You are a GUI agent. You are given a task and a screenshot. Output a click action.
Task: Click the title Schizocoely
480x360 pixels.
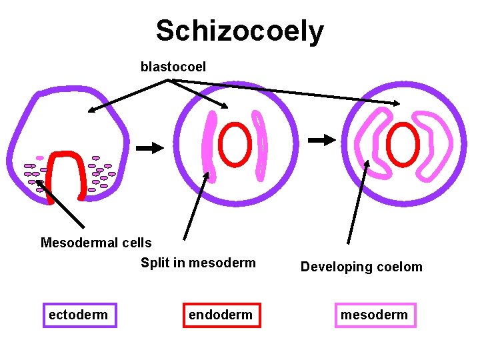click(240, 31)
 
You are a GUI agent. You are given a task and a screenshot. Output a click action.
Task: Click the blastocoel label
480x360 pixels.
click(173, 67)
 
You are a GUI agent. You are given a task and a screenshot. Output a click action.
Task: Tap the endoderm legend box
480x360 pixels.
click(221, 315)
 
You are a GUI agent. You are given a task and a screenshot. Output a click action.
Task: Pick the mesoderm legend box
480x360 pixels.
click(374, 315)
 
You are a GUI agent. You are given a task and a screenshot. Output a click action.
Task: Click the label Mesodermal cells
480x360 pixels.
click(96, 243)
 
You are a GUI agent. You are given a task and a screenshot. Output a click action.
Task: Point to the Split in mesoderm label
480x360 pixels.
click(198, 263)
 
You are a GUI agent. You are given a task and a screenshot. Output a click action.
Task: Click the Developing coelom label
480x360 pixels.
click(361, 267)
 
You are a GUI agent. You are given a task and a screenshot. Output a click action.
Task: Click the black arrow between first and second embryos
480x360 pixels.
click(149, 147)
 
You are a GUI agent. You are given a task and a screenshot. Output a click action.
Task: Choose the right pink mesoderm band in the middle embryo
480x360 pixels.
click(260, 143)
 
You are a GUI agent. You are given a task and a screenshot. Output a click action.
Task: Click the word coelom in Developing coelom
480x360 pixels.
click(399, 267)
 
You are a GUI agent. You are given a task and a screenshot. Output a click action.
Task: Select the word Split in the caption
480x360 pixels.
click(155, 263)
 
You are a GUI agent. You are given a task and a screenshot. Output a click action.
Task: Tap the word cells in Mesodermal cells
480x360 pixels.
click(137, 243)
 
